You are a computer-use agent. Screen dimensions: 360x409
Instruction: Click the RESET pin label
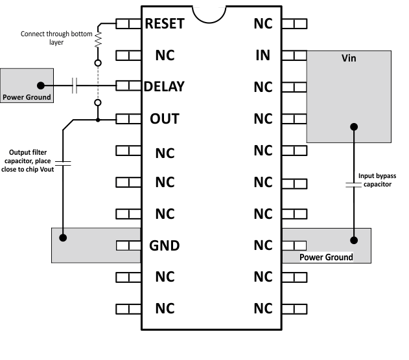point(165,24)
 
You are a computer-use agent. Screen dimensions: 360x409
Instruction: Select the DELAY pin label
point(165,86)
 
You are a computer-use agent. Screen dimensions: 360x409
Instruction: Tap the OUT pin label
point(165,119)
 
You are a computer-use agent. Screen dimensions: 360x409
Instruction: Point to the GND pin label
point(165,246)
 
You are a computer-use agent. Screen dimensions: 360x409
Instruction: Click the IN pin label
point(263,55)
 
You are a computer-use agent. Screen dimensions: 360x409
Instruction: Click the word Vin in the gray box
point(349,59)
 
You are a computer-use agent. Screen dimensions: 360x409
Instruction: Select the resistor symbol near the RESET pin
point(99,39)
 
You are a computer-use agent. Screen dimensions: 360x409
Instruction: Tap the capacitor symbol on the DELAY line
point(75,85)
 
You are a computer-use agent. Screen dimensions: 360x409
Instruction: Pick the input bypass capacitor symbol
point(354,186)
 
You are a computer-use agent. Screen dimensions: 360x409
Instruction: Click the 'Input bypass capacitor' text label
point(377,179)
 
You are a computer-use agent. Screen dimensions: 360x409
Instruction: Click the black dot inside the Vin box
point(354,127)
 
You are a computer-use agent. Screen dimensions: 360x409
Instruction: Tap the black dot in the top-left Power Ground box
point(41,85)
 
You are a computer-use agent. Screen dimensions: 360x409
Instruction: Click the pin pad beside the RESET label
point(128,23)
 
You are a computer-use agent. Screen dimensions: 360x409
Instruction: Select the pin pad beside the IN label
point(297,55)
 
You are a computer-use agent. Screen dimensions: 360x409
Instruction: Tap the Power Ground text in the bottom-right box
point(326,257)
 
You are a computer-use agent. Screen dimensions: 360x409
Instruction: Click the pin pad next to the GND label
point(128,246)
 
